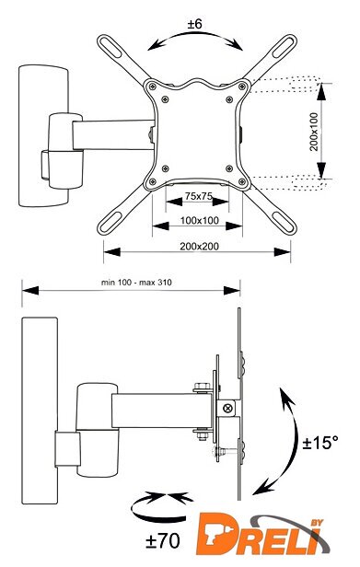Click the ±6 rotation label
194,24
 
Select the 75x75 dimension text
198,196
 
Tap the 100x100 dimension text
200,220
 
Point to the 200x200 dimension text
200,247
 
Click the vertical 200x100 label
314,132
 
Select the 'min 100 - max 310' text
136,282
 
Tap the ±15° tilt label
320,442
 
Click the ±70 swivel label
163,541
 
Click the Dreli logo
263,534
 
